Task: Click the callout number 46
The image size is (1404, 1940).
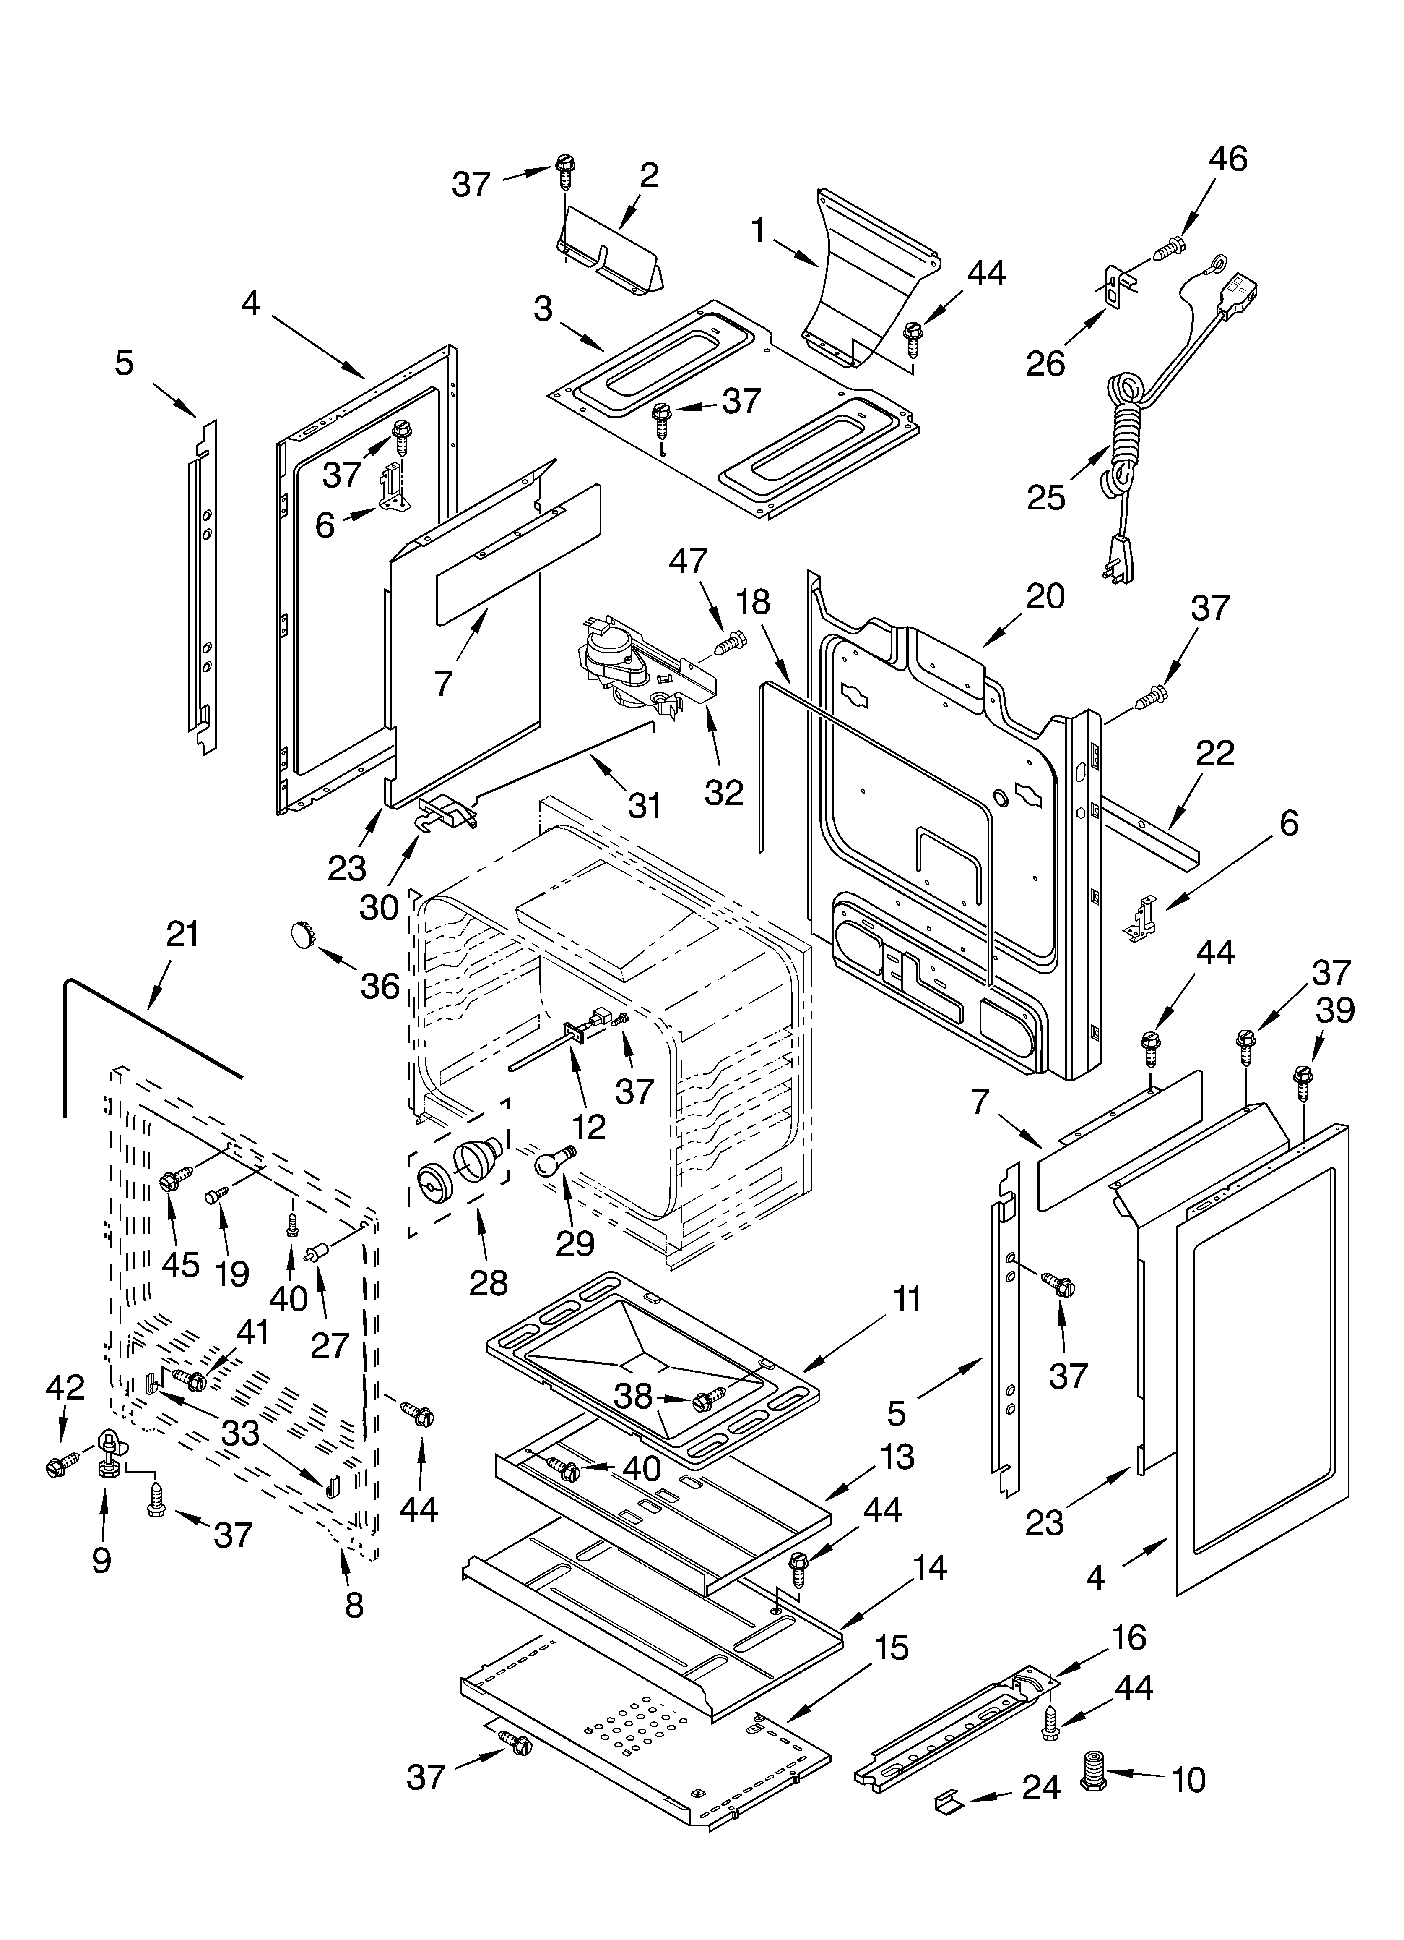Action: (x=1227, y=159)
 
